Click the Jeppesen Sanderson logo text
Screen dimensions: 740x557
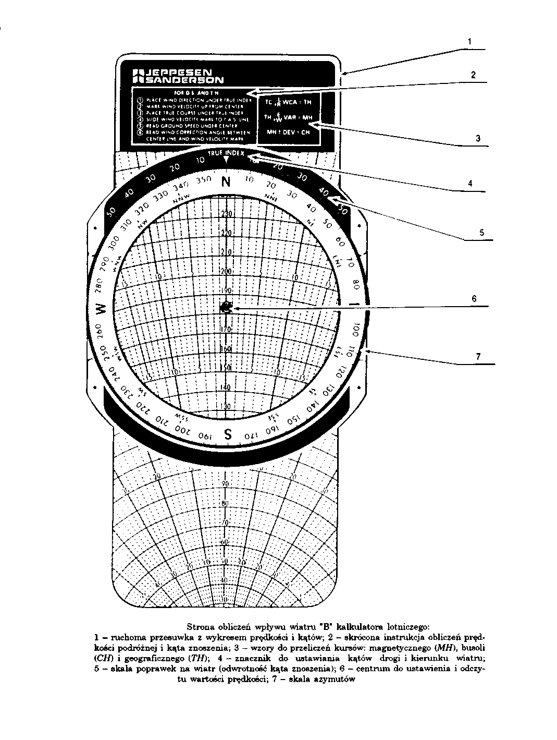[179, 76]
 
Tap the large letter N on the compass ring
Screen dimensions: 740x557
[226, 182]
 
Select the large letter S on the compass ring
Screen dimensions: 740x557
[228, 433]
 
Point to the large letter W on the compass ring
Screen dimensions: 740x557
[102, 309]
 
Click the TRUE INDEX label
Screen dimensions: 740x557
[226, 153]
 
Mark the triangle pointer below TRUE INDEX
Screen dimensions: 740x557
[226, 161]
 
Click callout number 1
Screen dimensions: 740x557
[469, 41]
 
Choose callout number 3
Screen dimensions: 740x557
[477, 138]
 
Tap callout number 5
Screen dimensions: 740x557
[482, 232]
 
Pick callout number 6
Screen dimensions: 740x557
[474, 299]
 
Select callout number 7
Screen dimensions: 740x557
[477, 357]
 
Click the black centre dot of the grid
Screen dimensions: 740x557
[226, 308]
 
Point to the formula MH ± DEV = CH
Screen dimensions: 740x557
[288, 132]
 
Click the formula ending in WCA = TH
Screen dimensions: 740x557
[288, 103]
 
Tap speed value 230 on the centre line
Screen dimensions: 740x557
[226, 213]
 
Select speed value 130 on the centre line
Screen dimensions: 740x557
[226, 407]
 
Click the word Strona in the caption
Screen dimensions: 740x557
[199, 624]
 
